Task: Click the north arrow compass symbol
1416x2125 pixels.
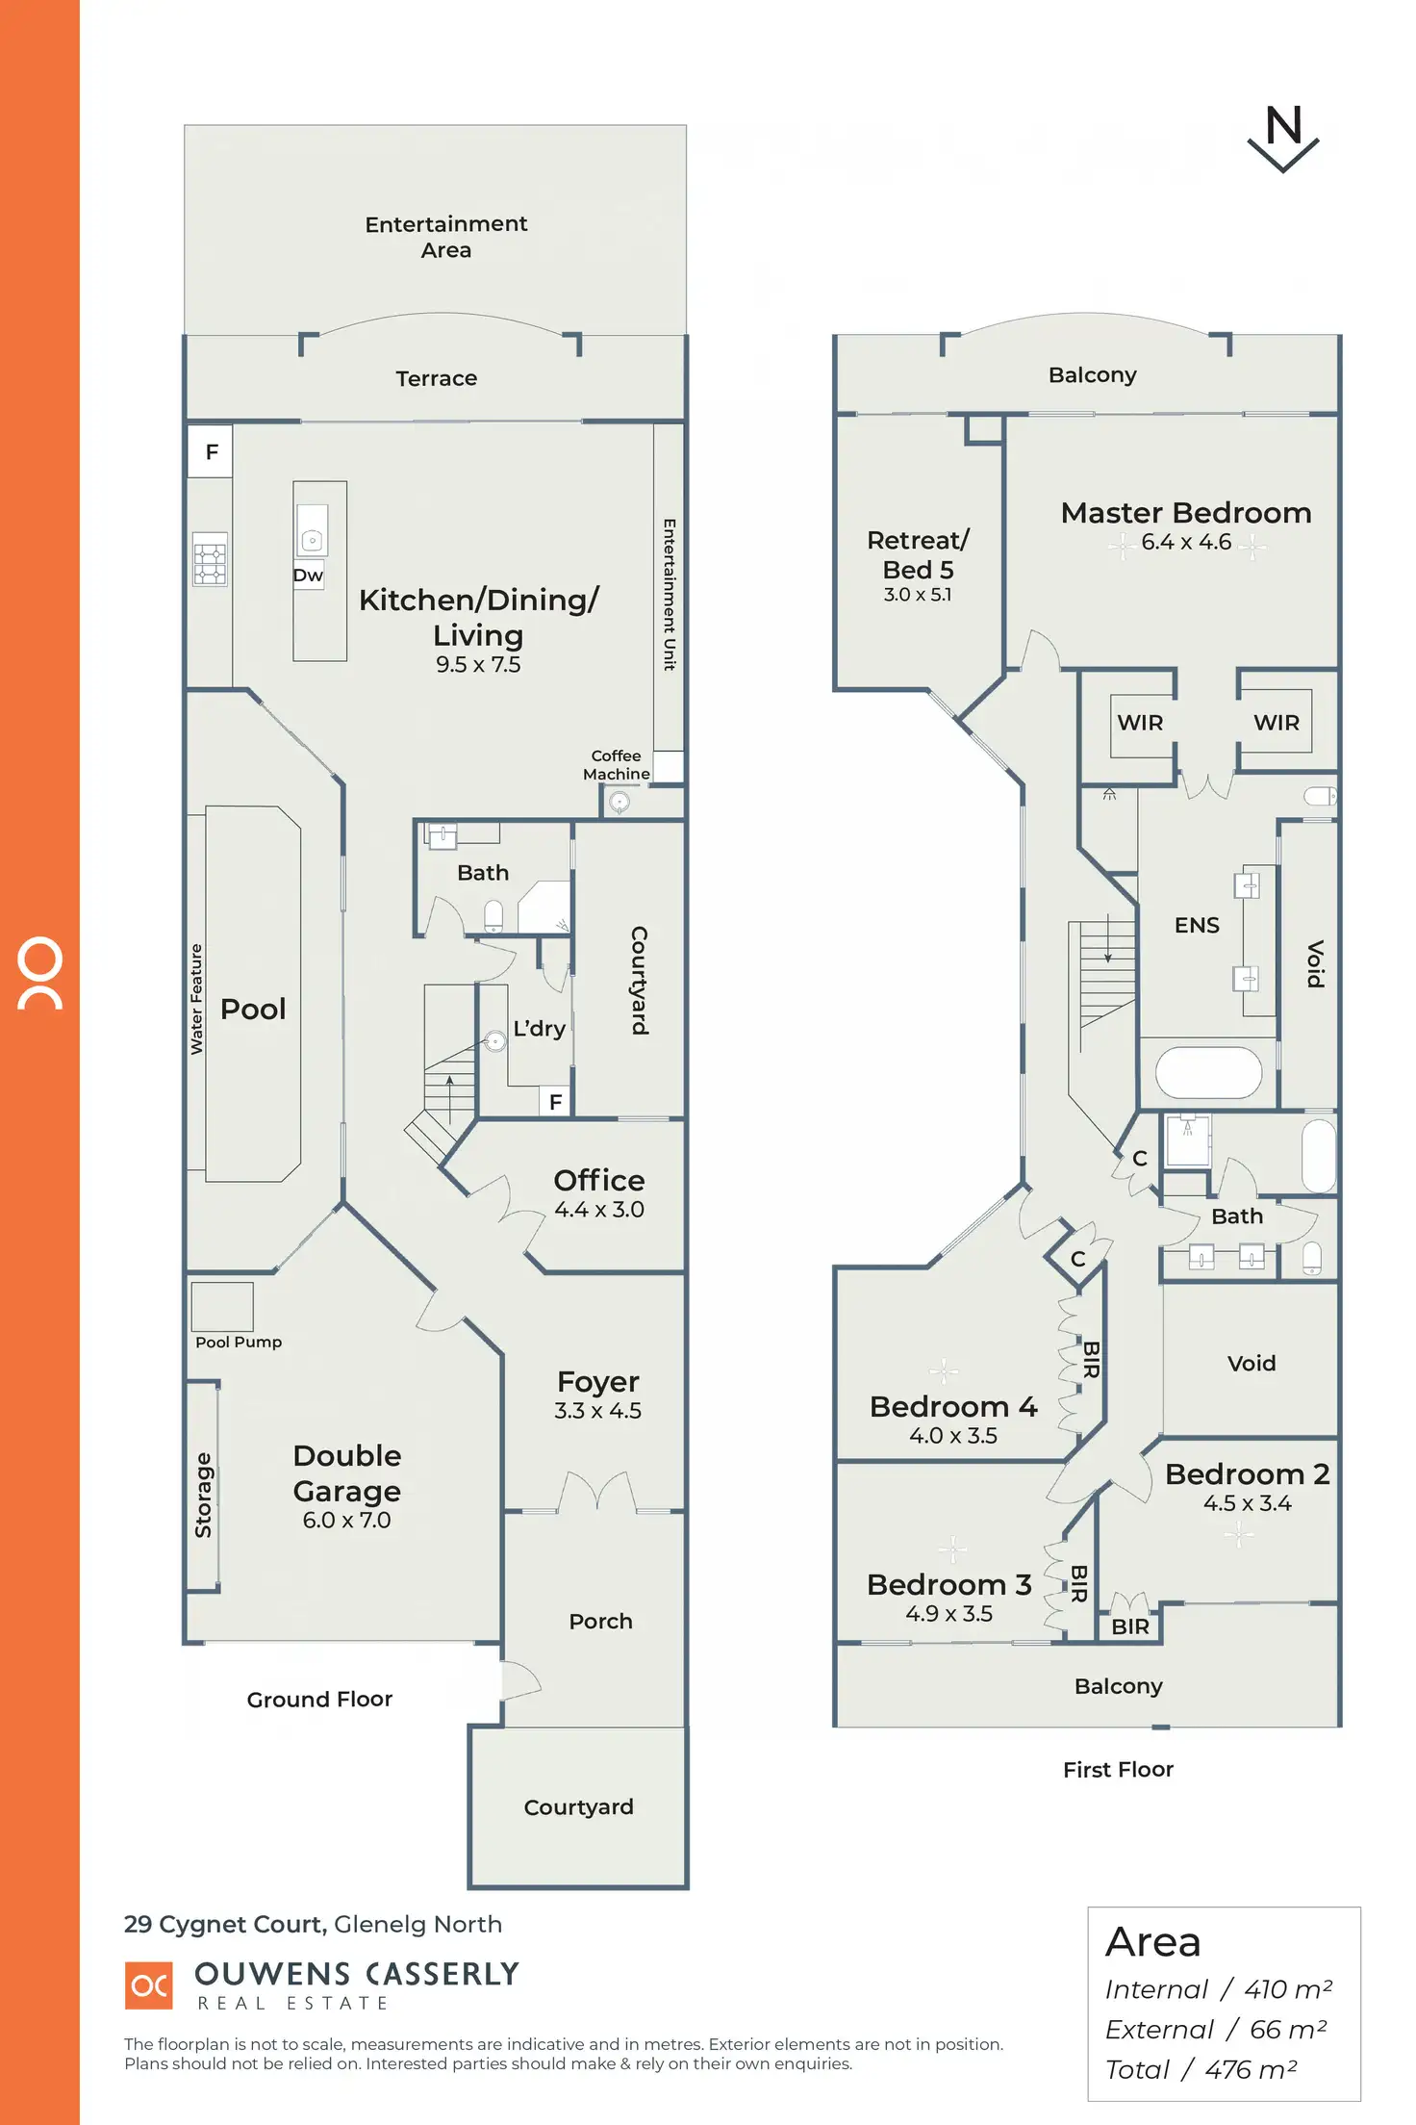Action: pos(1283,139)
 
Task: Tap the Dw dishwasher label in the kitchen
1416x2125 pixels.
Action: pos(308,576)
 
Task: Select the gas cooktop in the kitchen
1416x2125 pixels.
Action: pos(210,559)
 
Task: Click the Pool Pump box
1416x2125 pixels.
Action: pos(222,1306)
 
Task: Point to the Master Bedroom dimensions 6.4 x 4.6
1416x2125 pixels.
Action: pos(1186,543)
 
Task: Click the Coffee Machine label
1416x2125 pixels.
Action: pos(616,765)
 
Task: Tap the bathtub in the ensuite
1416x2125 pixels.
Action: pos(1208,1072)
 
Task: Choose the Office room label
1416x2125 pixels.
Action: pos(599,1181)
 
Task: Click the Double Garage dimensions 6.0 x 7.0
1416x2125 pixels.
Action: pos(346,1521)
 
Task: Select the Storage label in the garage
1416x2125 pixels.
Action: pos(203,1495)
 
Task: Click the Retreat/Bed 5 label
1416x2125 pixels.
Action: pos(918,555)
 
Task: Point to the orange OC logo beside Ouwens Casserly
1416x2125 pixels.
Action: pos(149,1985)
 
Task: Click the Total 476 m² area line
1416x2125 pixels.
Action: pos(1201,2069)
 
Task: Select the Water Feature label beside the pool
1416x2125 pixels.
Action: pos(196,999)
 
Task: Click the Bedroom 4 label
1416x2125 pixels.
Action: pos(953,1407)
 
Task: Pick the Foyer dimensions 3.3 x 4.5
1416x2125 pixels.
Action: pos(597,1411)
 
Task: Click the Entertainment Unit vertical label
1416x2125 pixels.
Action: pos(670,594)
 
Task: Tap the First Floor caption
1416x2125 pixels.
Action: pos(1118,1770)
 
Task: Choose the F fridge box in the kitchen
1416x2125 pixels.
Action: pos(212,451)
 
